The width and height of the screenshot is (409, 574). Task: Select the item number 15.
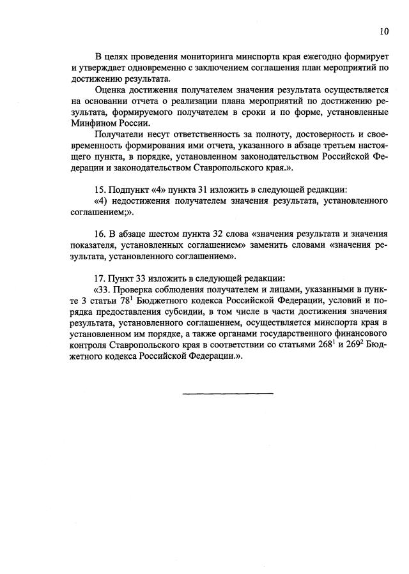[x=99, y=190]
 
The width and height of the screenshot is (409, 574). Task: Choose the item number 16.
[x=99, y=234]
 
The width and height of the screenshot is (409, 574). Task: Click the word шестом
[x=155, y=234]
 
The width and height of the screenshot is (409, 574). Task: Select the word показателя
[x=95, y=245]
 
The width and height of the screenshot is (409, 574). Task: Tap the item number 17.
[x=99, y=278]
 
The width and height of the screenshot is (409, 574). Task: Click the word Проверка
[x=134, y=289]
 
